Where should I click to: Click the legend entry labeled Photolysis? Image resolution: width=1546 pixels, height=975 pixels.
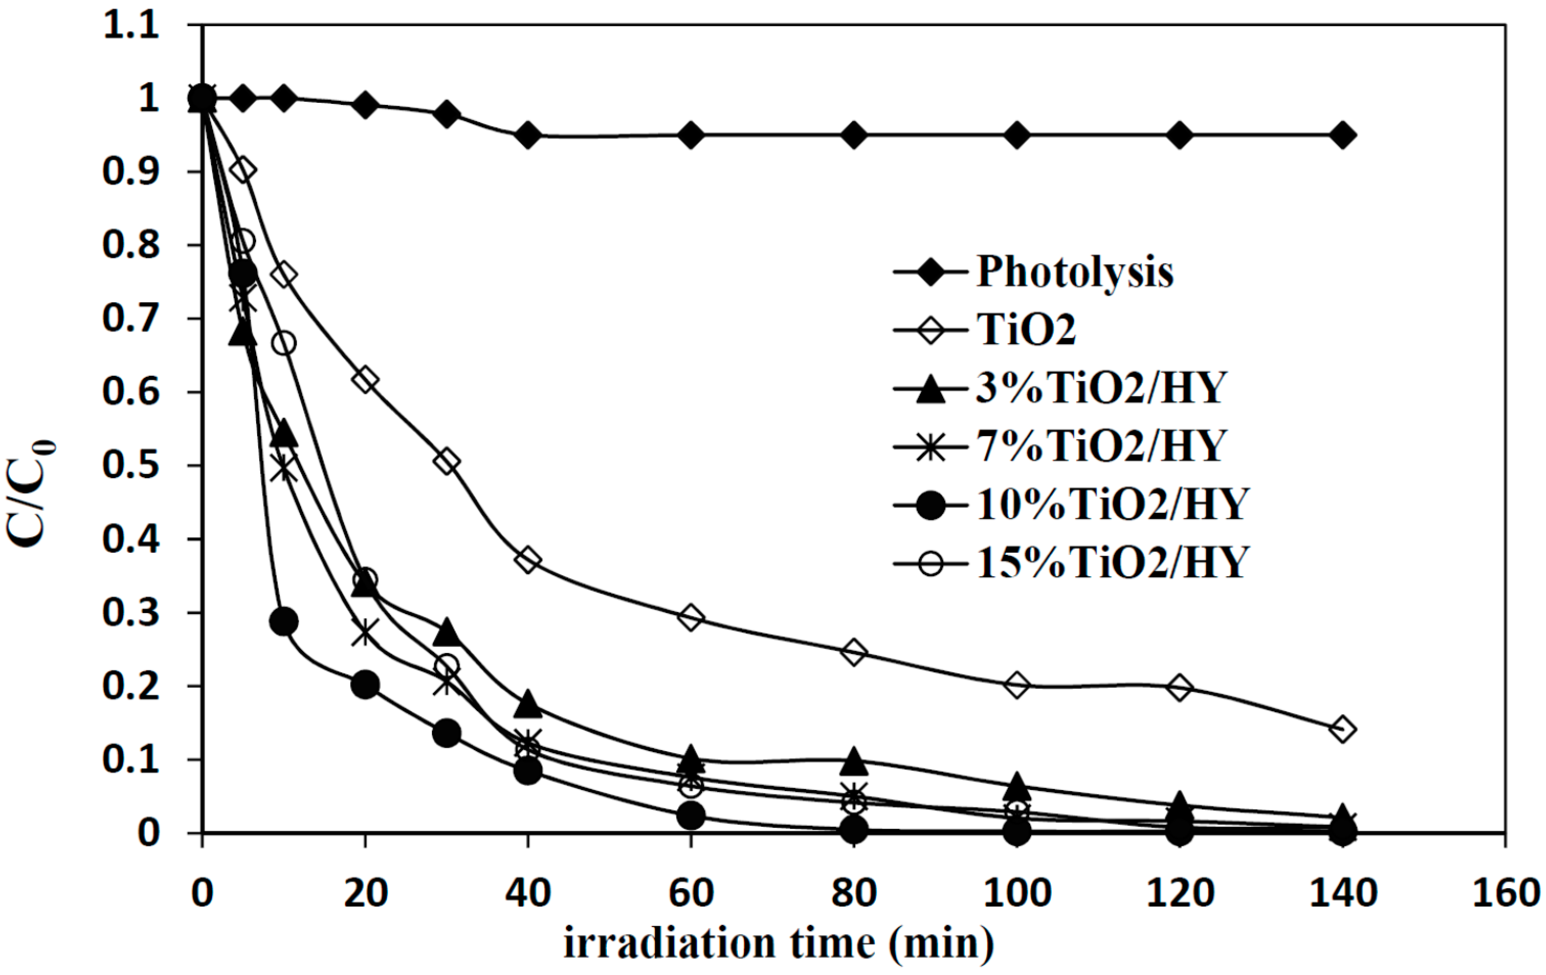pyautogui.click(x=1075, y=272)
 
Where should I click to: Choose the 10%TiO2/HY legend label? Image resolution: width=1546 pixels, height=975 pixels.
pyautogui.click(x=1112, y=504)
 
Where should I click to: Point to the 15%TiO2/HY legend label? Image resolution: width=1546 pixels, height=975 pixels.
pyautogui.click(x=1112, y=562)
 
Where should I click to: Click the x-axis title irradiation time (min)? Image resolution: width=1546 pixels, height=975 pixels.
pyautogui.click(x=779, y=943)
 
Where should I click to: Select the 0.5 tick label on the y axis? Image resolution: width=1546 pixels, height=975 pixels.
pyautogui.click(x=130, y=467)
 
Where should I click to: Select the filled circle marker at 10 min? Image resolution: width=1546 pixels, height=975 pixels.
pyautogui.click(x=284, y=621)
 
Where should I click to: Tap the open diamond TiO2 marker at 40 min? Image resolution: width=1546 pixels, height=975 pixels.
pyautogui.click(x=528, y=560)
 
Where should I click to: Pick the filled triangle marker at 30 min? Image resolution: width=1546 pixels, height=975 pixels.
pyautogui.click(x=447, y=632)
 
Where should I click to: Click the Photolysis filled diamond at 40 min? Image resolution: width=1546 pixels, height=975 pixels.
pyautogui.click(x=528, y=135)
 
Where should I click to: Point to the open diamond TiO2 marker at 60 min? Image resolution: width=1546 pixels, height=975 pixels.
pyautogui.click(x=691, y=618)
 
